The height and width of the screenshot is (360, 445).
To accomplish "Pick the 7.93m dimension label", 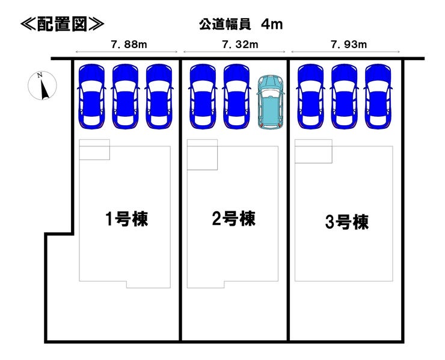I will [x=349, y=45].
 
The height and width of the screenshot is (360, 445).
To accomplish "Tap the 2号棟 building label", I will [x=234, y=219].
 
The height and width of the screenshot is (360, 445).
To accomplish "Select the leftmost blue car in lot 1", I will [x=91, y=96].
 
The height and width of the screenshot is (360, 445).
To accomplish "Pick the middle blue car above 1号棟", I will [x=125, y=96].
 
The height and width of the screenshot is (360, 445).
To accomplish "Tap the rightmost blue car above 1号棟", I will [x=159, y=96].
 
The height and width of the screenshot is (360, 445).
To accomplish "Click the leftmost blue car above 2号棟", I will [x=203, y=96].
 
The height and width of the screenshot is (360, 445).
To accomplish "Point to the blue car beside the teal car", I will [x=237, y=96].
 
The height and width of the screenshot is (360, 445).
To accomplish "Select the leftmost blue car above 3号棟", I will [x=311, y=96].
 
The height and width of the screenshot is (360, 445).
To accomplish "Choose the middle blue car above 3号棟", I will [x=345, y=96].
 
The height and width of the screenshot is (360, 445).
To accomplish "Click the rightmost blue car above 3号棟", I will [x=378, y=96].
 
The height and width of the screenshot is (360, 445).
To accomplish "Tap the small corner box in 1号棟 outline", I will [x=94, y=150].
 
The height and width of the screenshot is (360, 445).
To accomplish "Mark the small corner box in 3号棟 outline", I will [x=313, y=151].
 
